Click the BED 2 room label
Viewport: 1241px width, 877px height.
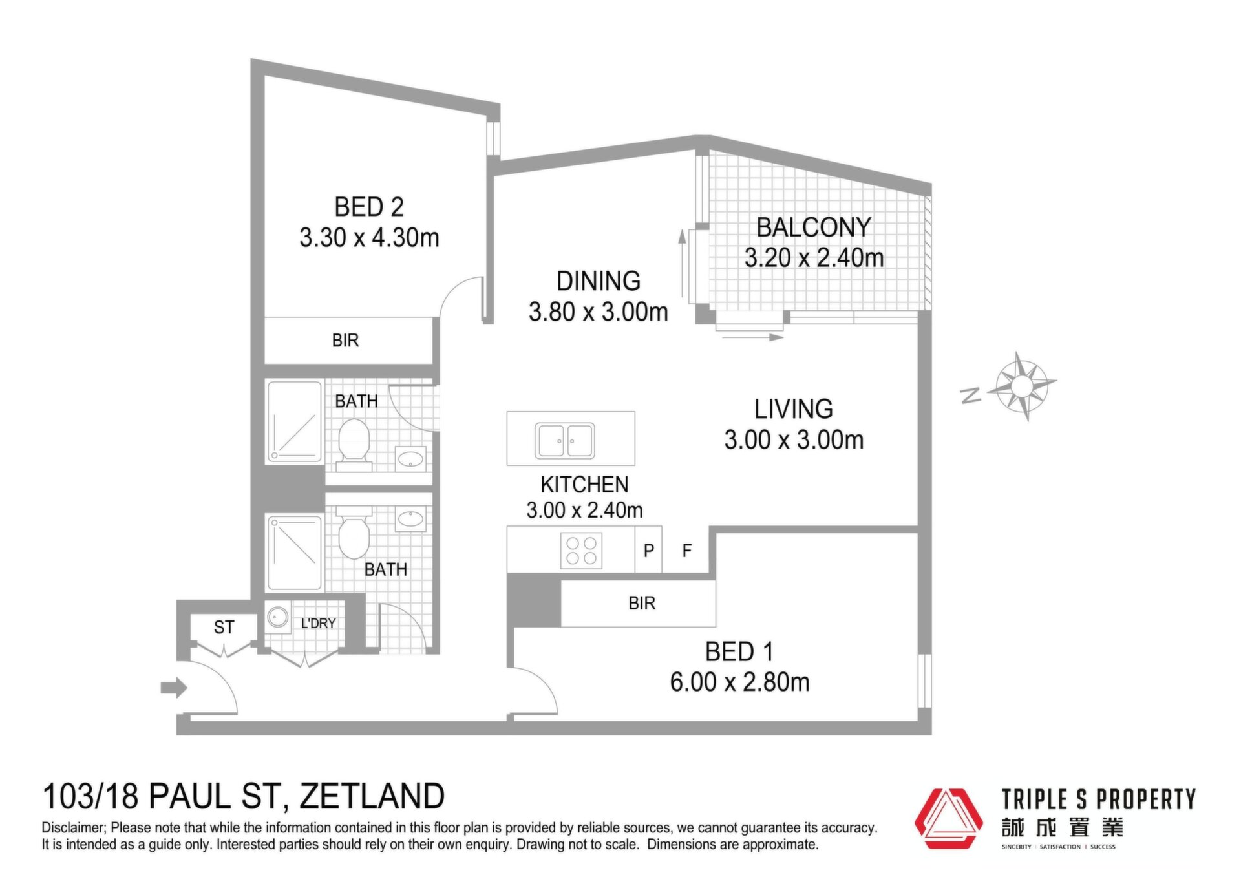(369, 207)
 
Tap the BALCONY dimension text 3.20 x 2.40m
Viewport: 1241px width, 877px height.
(814, 258)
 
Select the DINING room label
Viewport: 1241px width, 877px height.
(599, 281)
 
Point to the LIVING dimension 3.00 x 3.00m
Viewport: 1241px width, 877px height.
(794, 440)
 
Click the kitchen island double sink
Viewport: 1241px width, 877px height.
(565, 440)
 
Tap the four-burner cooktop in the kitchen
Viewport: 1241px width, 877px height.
(581, 551)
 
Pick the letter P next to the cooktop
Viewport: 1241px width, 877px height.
(649, 551)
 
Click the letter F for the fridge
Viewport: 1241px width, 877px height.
(687, 551)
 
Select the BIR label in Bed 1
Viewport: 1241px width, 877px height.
(642, 603)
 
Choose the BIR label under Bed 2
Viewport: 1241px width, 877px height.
(345, 341)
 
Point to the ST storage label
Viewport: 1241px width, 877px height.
(224, 628)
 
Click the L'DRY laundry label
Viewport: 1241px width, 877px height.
(319, 624)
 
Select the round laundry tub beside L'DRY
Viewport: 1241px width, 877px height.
(279, 617)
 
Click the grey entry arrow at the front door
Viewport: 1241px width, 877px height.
(174, 688)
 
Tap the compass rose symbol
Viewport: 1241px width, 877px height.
(1021, 386)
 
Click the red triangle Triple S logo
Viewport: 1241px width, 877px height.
(949, 818)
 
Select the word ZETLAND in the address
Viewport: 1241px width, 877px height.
(372, 796)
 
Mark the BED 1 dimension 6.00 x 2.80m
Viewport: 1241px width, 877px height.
(739, 682)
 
